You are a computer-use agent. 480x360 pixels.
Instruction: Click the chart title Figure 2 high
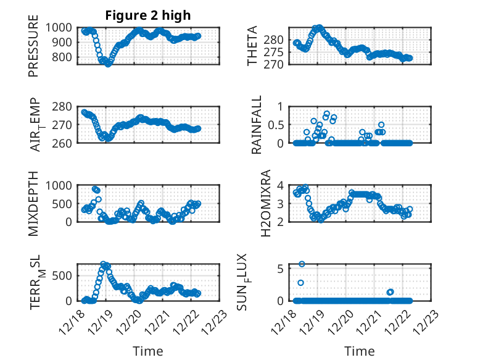point(147,15)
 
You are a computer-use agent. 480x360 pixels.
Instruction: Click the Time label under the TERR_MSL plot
point(148,351)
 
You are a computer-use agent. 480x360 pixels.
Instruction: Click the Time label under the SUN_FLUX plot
point(360,351)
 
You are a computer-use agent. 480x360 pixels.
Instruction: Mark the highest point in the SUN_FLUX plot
point(302,264)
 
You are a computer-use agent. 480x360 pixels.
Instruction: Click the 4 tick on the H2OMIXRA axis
point(280,185)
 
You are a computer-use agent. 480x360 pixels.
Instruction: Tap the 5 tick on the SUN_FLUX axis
point(280,268)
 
